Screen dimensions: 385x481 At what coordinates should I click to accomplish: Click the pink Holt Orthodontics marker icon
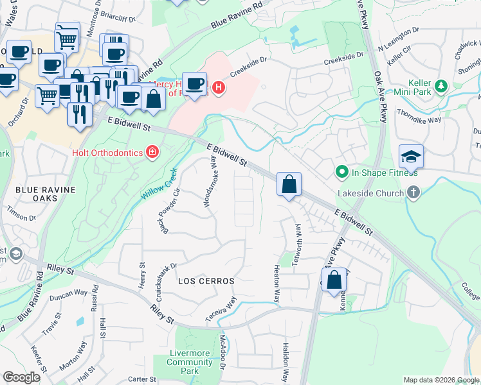coord(152,152)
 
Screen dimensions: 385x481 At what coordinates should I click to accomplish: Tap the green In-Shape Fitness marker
coord(342,172)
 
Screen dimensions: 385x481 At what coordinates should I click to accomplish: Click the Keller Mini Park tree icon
coord(441,85)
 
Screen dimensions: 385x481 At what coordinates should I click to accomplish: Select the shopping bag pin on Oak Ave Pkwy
coord(334,280)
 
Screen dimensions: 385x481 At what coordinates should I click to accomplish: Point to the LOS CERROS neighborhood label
coord(206,281)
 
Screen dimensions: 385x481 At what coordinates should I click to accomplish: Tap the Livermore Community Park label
coord(190,362)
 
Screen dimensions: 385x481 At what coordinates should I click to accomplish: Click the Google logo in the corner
coord(21,377)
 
